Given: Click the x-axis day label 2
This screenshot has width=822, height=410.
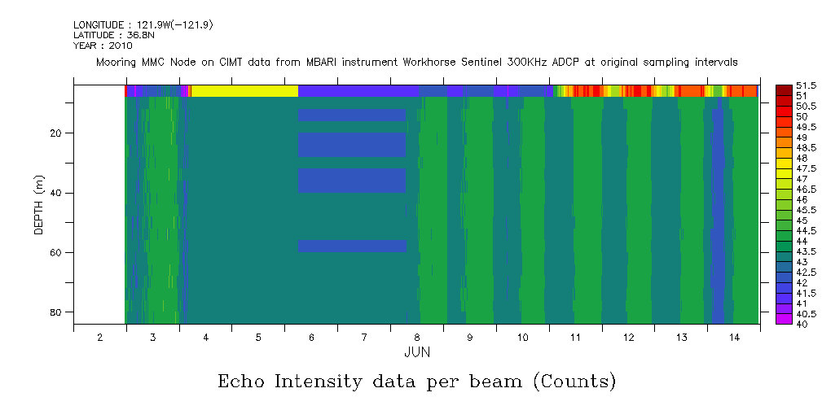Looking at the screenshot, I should tap(99, 337).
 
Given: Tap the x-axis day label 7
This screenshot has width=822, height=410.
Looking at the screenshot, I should tap(364, 337).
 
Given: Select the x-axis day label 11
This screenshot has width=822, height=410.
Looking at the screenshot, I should tap(575, 337).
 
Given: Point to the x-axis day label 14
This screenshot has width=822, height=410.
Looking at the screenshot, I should tap(733, 337).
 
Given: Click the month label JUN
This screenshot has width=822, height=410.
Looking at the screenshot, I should tap(417, 352).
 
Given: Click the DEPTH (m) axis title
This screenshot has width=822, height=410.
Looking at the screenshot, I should tap(38, 204).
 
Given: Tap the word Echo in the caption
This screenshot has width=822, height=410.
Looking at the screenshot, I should tap(242, 382).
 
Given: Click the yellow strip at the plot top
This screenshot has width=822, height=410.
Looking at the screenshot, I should tap(244, 91).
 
